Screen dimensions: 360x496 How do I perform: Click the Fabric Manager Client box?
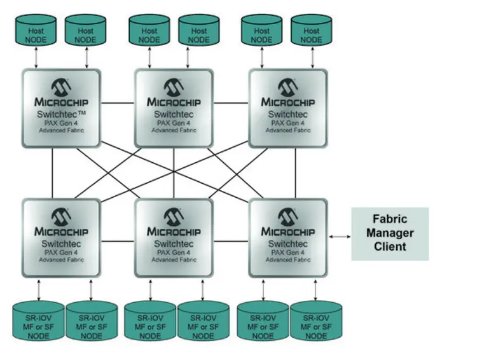390,233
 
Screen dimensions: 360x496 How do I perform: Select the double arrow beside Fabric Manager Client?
340,236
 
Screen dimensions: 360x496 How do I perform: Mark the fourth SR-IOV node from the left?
203,321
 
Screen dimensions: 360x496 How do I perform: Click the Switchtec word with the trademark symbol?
62,114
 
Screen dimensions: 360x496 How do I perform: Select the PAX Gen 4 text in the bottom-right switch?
288,252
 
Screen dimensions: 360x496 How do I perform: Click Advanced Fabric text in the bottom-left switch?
62,260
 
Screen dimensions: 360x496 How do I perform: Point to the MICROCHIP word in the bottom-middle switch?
174,232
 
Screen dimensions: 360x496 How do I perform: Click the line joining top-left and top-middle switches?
118,102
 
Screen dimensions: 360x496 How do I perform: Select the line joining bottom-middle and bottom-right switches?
231,240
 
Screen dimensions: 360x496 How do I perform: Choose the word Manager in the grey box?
390,233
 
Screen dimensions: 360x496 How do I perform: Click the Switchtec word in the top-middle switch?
174,114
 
